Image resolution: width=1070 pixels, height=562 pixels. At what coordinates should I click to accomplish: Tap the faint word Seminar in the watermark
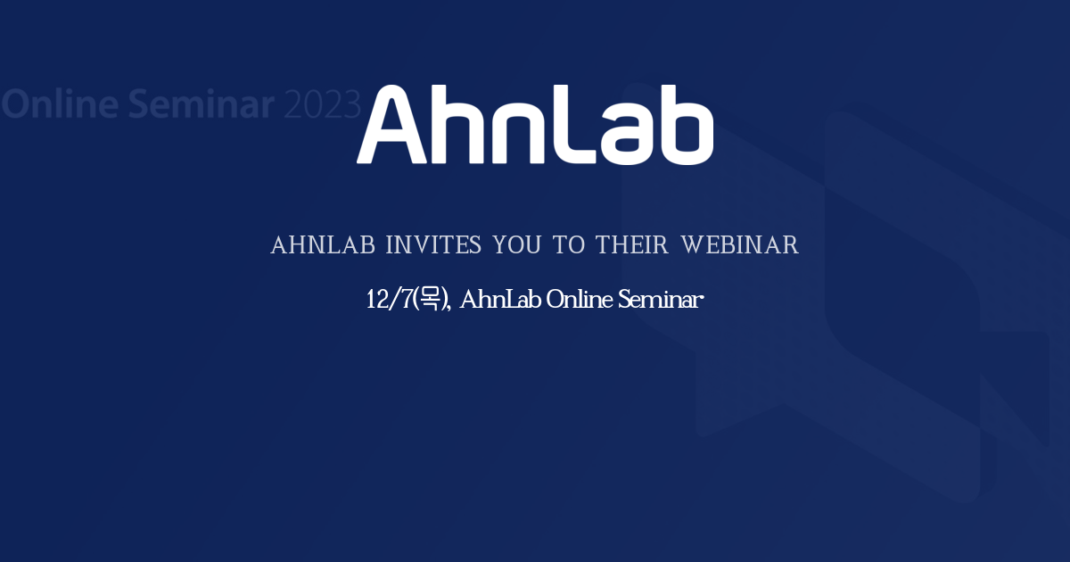coord(201,104)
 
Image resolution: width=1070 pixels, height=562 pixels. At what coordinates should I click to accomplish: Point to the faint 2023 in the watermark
coord(322,104)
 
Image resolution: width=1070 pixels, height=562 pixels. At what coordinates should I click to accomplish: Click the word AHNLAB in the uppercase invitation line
coord(323,245)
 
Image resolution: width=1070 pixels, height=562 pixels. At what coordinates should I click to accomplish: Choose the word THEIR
coord(632,245)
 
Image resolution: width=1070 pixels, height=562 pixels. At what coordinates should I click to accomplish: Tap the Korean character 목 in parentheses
coord(431,300)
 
